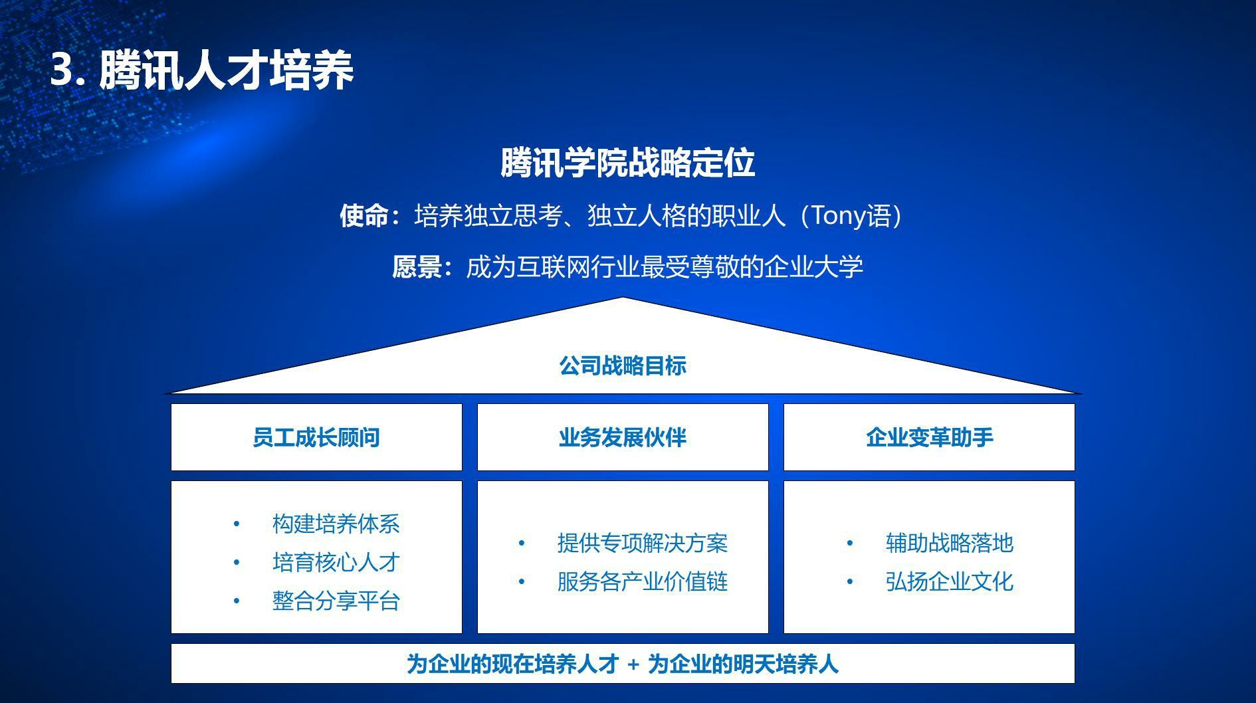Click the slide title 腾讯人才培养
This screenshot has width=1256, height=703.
[x=226, y=70]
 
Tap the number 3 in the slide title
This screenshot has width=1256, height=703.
[x=62, y=70]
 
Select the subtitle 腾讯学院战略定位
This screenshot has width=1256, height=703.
[x=627, y=163]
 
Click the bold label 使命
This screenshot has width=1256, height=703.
[x=364, y=216]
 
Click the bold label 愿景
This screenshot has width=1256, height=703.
[x=416, y=267]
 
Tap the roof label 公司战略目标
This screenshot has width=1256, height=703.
[x=622, y=365]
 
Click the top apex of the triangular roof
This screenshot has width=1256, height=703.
[x=623, y=299]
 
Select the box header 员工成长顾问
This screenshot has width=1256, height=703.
[x=316, y=437]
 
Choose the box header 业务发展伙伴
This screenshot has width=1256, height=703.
[x=623, y=437]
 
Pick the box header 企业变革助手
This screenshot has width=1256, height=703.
[x=929, y=437]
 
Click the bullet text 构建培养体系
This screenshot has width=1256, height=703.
[x=336, y=524]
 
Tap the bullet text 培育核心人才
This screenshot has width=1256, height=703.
[x=336, y=563]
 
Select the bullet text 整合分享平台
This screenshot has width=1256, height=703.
[x=336, y=601]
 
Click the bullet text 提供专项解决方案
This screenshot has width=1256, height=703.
[x=642, y=544]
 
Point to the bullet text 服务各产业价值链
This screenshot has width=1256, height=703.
[x=642, y=582]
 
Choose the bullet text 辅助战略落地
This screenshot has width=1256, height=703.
[x=949, y=544]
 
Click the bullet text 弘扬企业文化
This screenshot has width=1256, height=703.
[x=949, y=582]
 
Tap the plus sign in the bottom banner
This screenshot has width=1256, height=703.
[x=633, y=664]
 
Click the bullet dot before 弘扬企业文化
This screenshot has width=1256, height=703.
[x=850, y=582]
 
